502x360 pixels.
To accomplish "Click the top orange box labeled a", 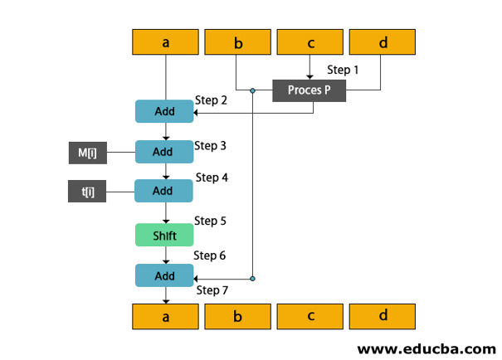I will [166, 42].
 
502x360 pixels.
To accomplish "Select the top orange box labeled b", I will [238, 42].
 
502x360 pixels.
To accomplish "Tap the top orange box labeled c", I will [310, 42].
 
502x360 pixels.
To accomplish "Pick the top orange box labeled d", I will [383, 42].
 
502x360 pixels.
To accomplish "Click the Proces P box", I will [309, 90].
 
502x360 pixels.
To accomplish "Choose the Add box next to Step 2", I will [164, 111].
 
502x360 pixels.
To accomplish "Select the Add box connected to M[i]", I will [164, 152].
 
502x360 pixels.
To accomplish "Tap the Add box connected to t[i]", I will [164, 192].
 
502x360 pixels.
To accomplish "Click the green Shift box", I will [164, 235].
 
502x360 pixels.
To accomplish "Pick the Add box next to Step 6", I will [164, 275].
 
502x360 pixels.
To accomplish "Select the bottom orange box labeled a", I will [166, 316].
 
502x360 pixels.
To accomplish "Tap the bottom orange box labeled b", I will [238, 316].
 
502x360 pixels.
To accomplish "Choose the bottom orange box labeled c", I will [310, 316].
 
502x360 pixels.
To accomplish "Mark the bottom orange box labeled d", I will [383, 316].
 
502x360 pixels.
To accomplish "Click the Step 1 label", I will [344, 71].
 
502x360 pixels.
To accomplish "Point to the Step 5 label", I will [211, 221].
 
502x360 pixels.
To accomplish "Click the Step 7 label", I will [212, 290].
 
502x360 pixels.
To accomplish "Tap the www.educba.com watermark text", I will [426, 348].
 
